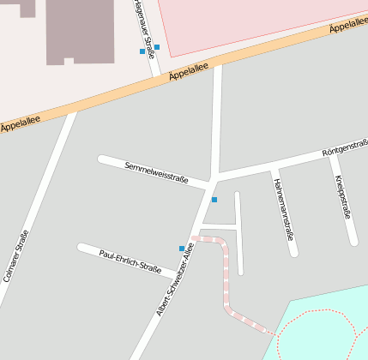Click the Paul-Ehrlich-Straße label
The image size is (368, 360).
pyautogui.click(x=130, y=261)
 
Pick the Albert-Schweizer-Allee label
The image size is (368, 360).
pyautogui.click(x=176, y=279)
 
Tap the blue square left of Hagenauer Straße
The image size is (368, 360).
pyautogui.click(x=142, y=51)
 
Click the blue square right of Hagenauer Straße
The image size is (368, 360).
pyautogui.click(x=157, y=47)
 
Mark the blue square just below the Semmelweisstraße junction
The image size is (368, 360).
pyautogui.click(x=214, y=200)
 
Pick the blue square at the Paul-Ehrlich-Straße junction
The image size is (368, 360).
pyautogui.click(x=182, y=249)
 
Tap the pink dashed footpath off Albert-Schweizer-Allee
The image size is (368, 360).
pyautogui.click(x=227, y=283)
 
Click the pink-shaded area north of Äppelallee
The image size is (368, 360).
pyautogui.click(x=249, y=21)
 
